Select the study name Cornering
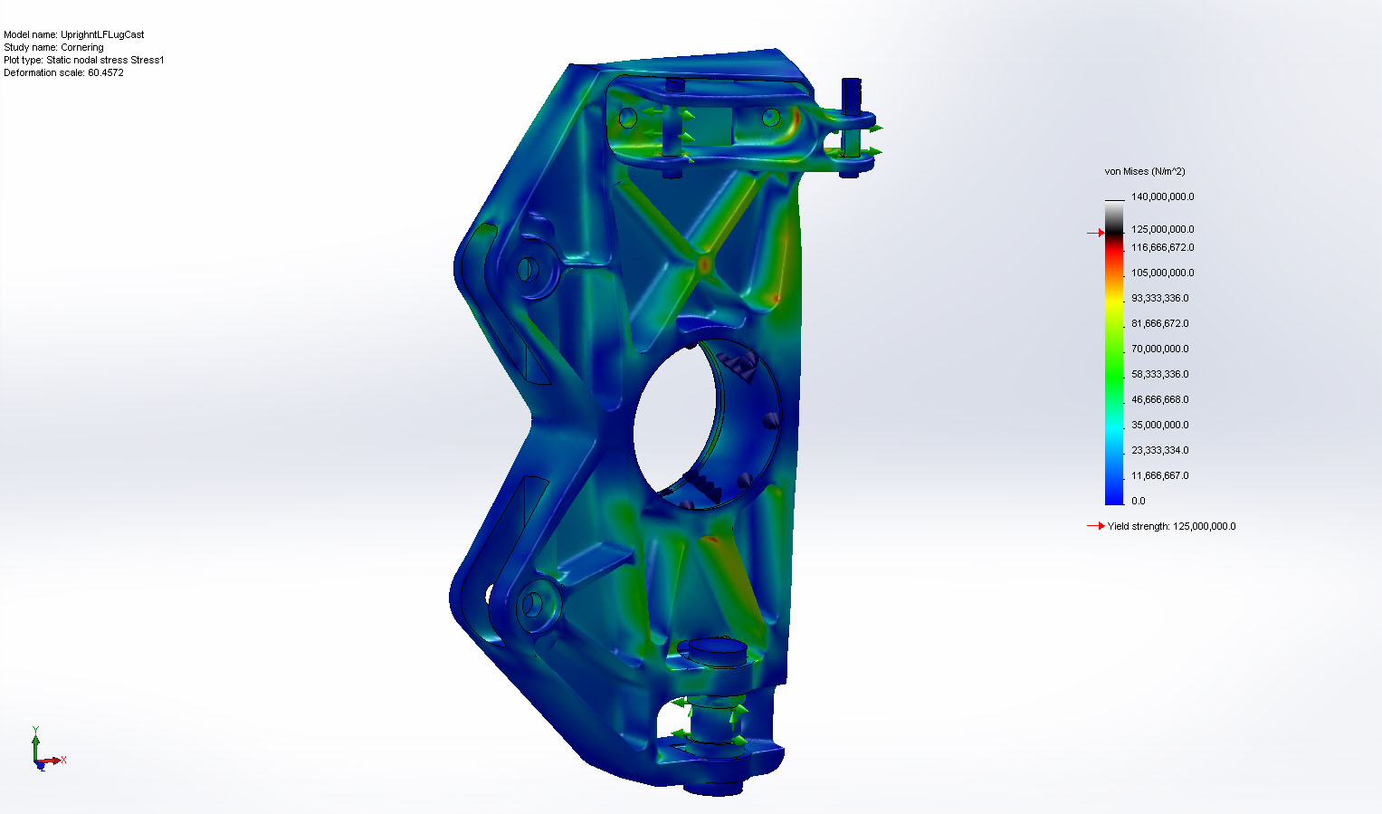click(82, 47)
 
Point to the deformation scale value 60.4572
click(106, 72)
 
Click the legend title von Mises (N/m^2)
click(1145, 171)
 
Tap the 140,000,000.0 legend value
click(1162, 196)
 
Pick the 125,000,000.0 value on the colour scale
click(1162, 230)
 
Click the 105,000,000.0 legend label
click(1162, 273)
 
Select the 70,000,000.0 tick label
click(1160, 349)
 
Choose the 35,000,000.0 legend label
click(1160, 425)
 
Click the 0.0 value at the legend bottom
click(1139, 501)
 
